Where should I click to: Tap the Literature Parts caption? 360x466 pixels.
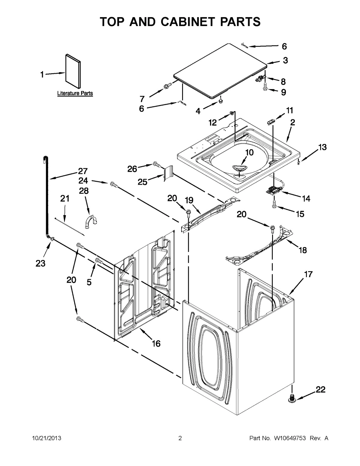[75, 93]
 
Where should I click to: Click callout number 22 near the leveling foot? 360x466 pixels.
[320, 390]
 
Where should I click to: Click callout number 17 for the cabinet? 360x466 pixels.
[308, 274]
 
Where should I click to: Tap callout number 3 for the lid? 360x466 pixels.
[285, 60]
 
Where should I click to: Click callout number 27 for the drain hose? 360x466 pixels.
[82, 171]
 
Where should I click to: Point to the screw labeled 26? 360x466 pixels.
[156, 164]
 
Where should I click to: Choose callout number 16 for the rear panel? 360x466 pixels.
[156, 343]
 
